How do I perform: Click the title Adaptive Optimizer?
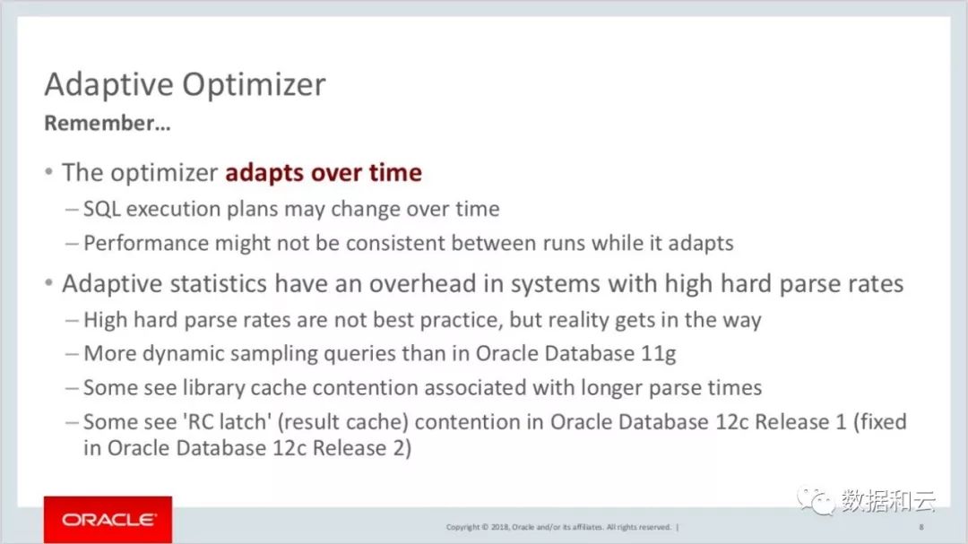click(185, 84)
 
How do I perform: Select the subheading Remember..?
click(107, 123)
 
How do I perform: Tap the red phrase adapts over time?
click(324, 173)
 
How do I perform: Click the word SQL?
click(102, 209)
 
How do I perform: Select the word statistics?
click(219, 283)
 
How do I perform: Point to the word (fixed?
click(880, 422)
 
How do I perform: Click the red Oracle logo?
click(108, 519)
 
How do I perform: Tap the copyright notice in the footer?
click(558, 527)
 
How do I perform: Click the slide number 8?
click(921, 527)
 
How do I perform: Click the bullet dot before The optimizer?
click(48, 172)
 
